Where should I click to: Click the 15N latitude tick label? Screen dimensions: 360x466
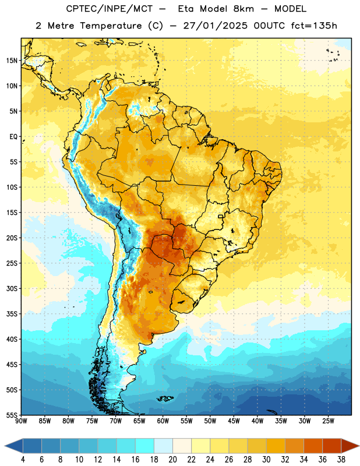click(12, 61)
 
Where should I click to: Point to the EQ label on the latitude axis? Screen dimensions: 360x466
click(13, 137)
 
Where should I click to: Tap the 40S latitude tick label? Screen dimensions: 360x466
click(12, 339)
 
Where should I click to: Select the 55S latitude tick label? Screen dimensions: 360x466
click(12, 415)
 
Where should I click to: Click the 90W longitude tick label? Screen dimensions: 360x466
click(21, 421)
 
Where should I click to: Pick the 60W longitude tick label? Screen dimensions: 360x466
click(163, 421)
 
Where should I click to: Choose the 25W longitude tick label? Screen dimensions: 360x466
click(328, 421)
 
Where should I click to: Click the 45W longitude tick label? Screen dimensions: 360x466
click(234, 421)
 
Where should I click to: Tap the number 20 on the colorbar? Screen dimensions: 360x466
click(172, 460)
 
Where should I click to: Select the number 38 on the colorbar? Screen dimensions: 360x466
click(341, 460)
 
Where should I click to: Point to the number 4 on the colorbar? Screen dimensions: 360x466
click(23, 460)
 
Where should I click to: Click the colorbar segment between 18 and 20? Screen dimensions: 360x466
click(163, 446)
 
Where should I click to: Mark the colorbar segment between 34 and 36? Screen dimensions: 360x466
click(313, 446)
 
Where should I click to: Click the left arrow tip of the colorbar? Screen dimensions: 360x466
click(5, 446)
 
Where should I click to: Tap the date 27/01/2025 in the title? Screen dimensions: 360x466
click(215, 26)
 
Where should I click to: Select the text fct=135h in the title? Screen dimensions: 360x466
click(314, 26)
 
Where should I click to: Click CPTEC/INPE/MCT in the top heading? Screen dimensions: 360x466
click(110, 9)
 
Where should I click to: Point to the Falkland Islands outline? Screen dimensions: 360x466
click(165, 398)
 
